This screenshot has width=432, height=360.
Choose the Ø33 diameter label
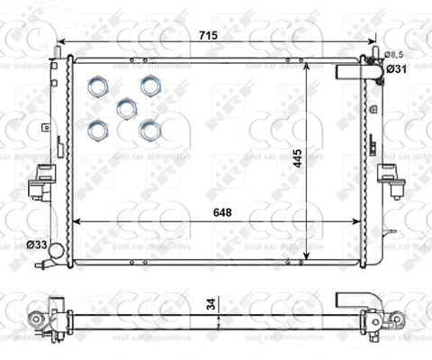[x=37, y=244]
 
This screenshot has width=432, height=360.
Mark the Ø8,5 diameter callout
[x=394, y=56]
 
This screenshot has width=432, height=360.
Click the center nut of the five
[x=126, y=109]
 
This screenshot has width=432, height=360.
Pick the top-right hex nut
[x=150, y=85]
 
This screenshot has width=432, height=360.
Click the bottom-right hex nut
[x=149, y=130]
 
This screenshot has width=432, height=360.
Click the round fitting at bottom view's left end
[x=35, y=318]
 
